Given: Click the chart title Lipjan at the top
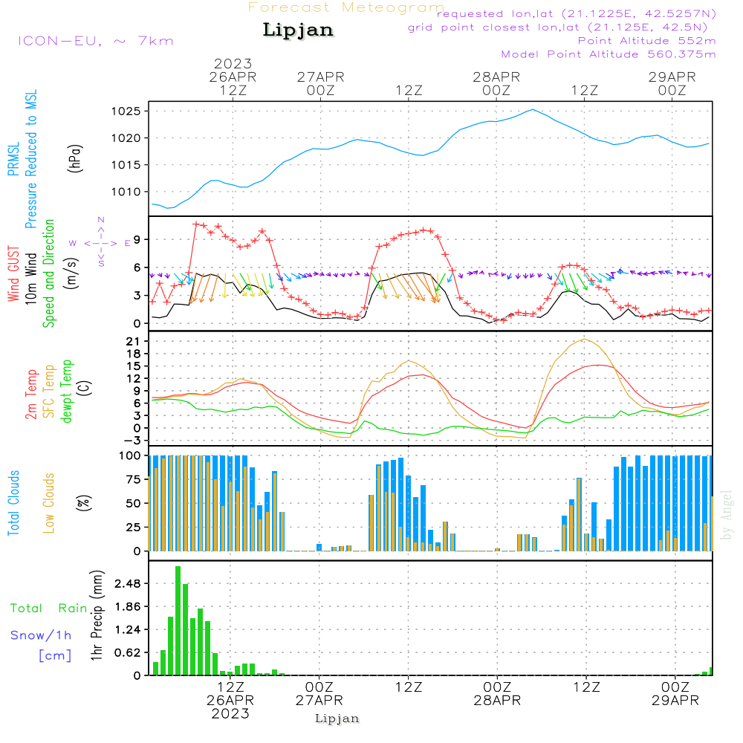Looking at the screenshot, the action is pyautogui.click(x=298, y=30).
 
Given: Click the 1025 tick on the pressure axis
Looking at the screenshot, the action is pyautogui.click(x=126, y=112).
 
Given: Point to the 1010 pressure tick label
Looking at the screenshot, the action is pyautogui.click(x=126, y=192).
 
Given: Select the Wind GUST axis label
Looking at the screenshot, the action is pyautogui.click(x=13, y=273).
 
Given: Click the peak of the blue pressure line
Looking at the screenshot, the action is pyautogui.click(x=533, y=109).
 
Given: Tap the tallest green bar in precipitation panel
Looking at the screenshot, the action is pyautogui.click(x=178, y=620).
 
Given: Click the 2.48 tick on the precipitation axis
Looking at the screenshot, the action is pyautogui.click(x=128, y=583).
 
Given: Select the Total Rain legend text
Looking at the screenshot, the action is pyautogui.click(x=49, y=608).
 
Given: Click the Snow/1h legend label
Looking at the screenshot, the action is pyautogui.click(x=41, y=635).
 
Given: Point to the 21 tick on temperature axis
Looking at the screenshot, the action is pyautogui.click(x=134, y=341).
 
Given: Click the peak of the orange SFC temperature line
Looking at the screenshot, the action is pyautogui.click(x=584, y=339).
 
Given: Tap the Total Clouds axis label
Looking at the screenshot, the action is pyautogui.click(x=13, y=503).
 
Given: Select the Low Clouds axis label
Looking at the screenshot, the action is pyautogui.click(x=49, y=503).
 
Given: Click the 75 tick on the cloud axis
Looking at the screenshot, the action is pyautogui.click(x=134, y=479).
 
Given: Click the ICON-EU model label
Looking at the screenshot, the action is pyautogui.click(x=96, y=41).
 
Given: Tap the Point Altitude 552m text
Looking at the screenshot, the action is pyautogui.click(x=647, y=41).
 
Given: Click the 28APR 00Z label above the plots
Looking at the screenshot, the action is pyautogui.click(x=496, y=83).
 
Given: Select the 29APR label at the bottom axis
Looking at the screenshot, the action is pyautogui.click(x=675, y=701).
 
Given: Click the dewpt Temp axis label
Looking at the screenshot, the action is pyautogui.click(x=66, y=391).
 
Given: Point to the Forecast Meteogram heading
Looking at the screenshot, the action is pyautogui.click(x=346, y=7).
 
